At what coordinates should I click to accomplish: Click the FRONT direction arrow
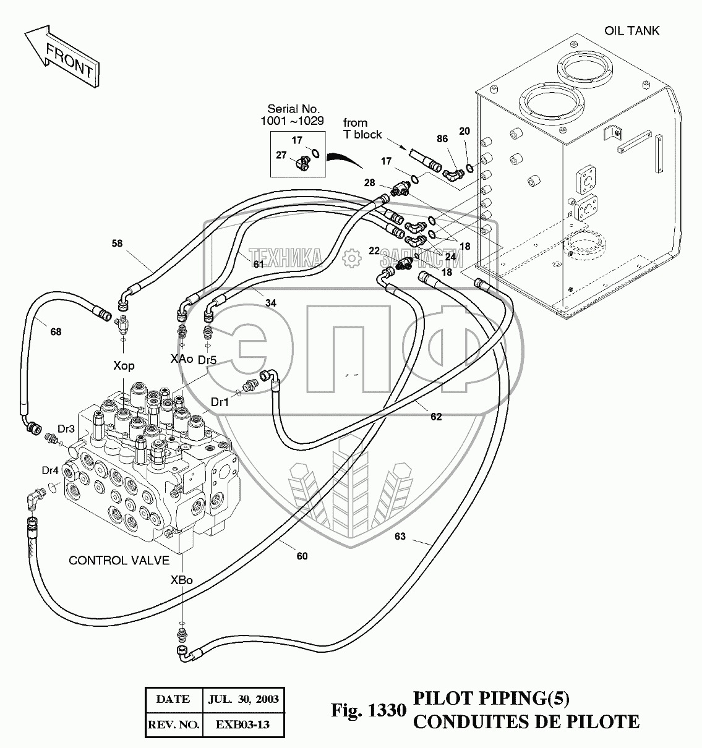pos(62,56)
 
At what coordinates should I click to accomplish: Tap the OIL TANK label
pos(631,31)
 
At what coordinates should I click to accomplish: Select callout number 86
pos(442,139)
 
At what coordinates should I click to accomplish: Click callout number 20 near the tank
pos(464,131)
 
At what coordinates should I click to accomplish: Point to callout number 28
pos(369,182)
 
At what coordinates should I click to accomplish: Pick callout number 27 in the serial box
pos(281,155)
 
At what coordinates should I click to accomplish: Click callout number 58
pos(118,244)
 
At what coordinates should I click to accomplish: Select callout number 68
pos(56,332)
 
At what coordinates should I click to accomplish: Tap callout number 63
pos(400,537)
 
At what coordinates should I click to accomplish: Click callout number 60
pos(302,556)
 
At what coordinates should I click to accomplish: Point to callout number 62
pos(436,417)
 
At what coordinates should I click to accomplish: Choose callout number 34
pos(271,303)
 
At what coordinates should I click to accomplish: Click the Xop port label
pos(124,366)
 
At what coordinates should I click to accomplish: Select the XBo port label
pos(181,580)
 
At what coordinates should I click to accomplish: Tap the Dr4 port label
pos(50,470)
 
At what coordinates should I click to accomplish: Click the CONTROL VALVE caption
pos(119,561)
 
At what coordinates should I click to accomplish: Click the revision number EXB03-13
pos(243,725)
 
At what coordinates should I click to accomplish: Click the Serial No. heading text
pos(294,109)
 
